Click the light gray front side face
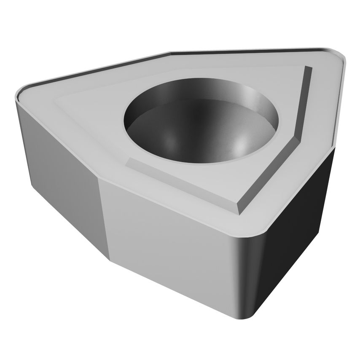click(x=169, y=236)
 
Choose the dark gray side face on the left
click(x=59, y=169)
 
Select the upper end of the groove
click(x=308, y=67)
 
